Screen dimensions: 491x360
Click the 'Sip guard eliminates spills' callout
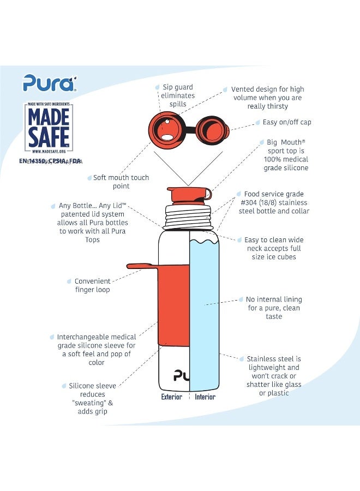click(x=178, y=95)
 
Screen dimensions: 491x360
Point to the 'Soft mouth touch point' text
click(x=121, y=182)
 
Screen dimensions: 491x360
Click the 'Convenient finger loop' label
click(x=92, y=285)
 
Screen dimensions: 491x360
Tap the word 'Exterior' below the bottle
click(x=171, y=397)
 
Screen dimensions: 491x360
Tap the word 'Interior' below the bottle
click(x=205, y=397)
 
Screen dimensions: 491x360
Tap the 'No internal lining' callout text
click(x=274, y=308)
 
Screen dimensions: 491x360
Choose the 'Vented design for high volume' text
click(x=267, y=98)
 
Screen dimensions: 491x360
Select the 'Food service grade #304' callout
click(x=274, y=202)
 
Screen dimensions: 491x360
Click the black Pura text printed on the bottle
click(x=181, y=375)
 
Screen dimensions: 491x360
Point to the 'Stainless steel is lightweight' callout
click(x=274, y=376)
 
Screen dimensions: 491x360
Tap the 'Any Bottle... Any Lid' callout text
click(x=92, y=223)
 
